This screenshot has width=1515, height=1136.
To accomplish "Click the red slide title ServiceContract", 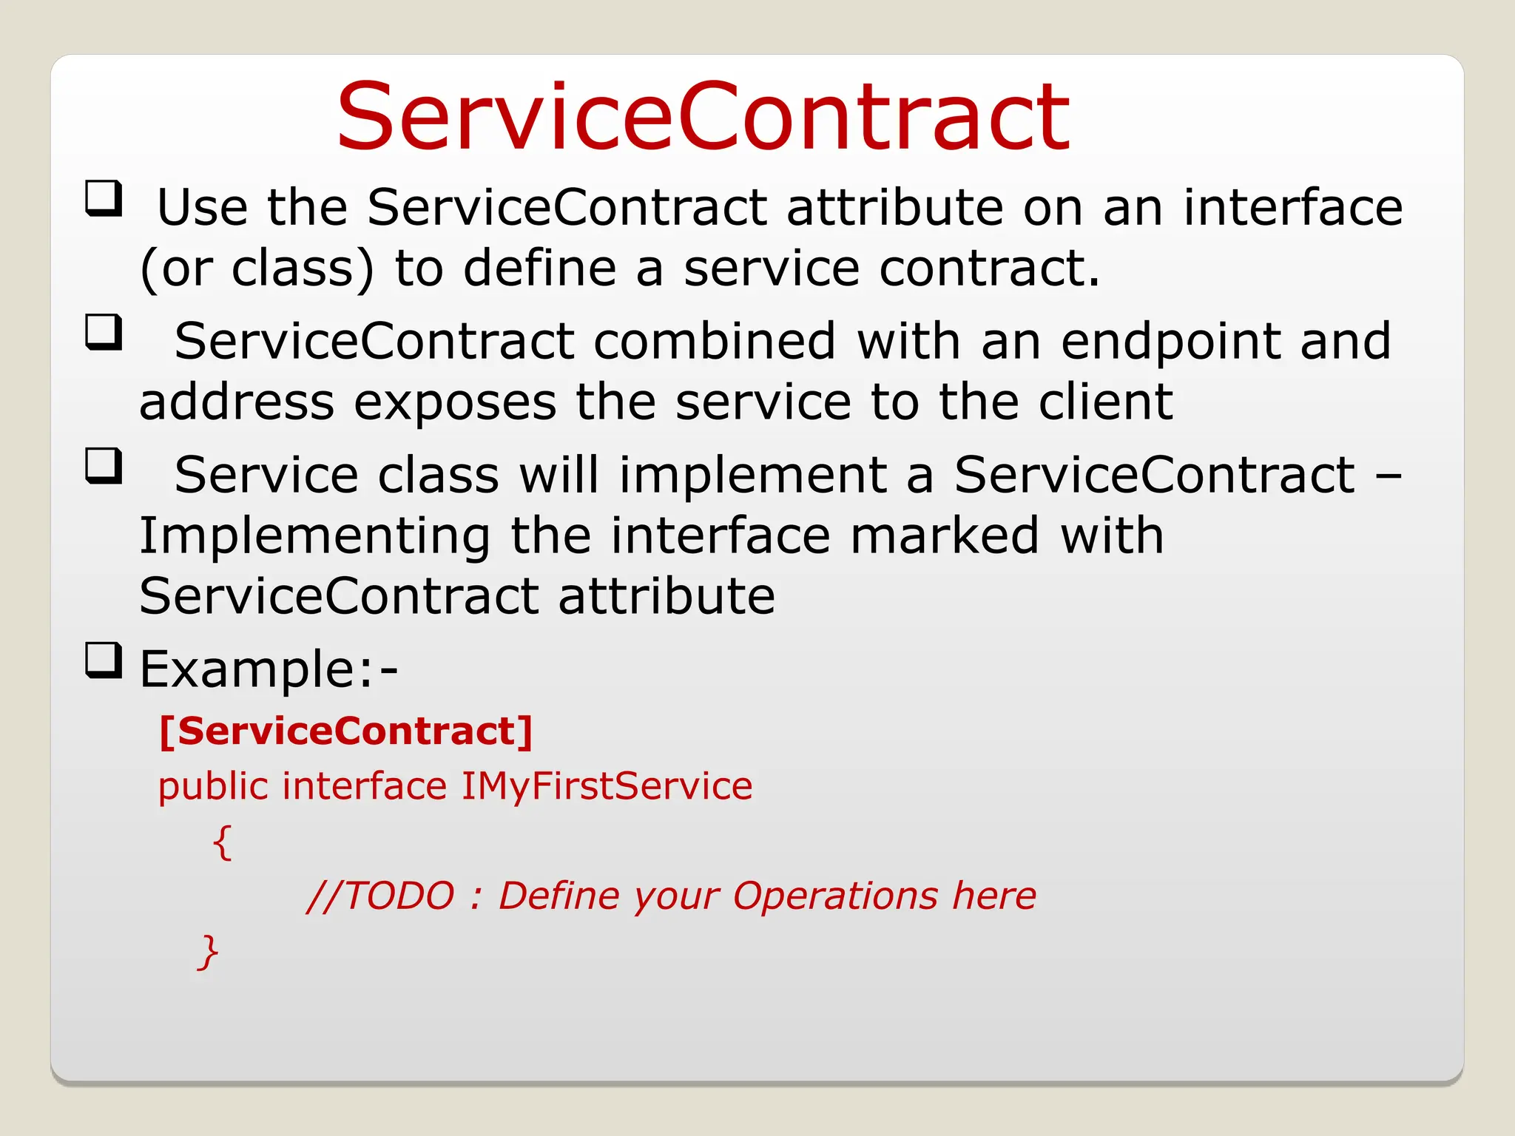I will [x=703, y=117].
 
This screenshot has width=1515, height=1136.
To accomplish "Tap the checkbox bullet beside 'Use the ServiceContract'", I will [x=103, y=198].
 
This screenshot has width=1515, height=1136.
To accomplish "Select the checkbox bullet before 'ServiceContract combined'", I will [x=103, y=332].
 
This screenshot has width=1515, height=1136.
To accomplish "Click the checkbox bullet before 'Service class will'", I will [x=103, y=466].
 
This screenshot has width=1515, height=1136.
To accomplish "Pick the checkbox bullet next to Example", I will [x=103, y=660].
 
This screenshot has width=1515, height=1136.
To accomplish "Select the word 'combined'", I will [x=714, y=341].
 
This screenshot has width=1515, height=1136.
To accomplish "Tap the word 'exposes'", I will [x=455, y=404].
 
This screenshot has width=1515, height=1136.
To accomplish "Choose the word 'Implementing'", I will [x=314, y=537].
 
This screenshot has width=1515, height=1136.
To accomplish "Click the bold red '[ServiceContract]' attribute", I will [x=345, y=731].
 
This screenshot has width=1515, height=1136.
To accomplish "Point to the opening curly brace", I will [x=223, y=842].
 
